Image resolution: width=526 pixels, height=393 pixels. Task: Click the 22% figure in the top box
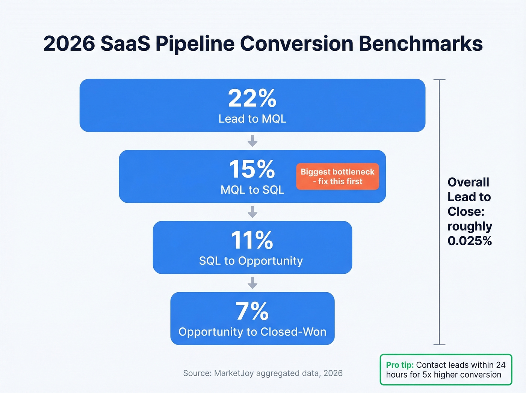[252, 99]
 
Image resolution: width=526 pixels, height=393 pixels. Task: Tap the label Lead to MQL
[252, 119]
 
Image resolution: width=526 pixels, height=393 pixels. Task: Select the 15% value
[252, 169]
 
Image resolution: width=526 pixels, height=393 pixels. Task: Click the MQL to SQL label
[252, 190]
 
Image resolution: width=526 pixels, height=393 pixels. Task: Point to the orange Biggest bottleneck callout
[337, 176]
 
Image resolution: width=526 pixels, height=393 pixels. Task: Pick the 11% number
[252, 240]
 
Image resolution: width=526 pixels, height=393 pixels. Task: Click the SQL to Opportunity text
[251, 261]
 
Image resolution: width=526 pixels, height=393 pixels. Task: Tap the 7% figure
[252, 311]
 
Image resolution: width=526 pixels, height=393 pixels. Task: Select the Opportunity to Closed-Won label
[252, 332]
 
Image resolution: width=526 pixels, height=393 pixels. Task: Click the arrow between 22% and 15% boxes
[252, 141]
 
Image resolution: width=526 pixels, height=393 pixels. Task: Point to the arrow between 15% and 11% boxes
[252, 212]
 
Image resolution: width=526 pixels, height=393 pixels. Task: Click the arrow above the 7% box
[252, 283]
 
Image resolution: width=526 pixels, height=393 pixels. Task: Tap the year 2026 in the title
[69, 44]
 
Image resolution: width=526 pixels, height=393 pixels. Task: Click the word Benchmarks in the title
[420, 44]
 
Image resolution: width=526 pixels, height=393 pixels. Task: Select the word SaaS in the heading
[125, 44]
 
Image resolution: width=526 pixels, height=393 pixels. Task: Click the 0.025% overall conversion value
[470, 241]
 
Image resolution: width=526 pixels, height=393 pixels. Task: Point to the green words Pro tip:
[400, 365]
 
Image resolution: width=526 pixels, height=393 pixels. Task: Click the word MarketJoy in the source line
[234, 373]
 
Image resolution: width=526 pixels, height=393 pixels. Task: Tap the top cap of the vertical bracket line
[439, 79]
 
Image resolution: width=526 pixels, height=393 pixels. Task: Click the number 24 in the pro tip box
[500, 365]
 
